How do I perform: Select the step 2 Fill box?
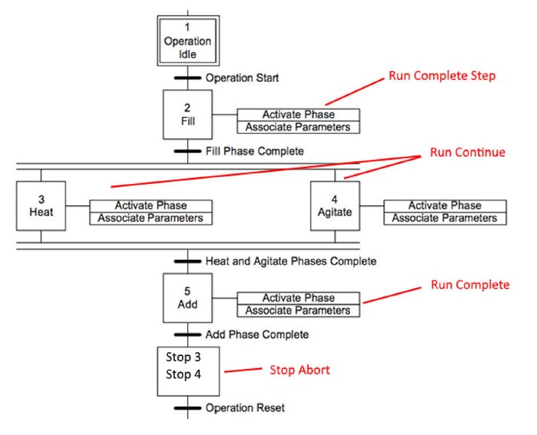point(188,115)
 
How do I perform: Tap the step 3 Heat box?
point(41,206)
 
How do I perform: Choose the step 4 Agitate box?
point(335,206)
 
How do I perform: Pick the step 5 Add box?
point(188,298)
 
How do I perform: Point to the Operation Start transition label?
point(242,78)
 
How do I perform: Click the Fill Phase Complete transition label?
point(254,151)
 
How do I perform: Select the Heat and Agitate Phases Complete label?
point(290,261)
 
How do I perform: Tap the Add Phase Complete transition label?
point(256,334)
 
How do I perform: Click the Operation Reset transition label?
point(245,408)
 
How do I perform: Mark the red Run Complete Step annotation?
point(441,77)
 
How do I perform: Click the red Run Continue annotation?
point(468,152)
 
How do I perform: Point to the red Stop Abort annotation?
point(300,370)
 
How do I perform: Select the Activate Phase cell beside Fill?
point(298,115)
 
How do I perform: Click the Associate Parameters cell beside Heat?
point(151,219)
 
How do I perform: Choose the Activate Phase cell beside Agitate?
point(444,205)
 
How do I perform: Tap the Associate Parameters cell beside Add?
point(298,311)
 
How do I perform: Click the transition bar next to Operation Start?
point(188,78)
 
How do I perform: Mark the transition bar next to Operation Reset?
point(188,408)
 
